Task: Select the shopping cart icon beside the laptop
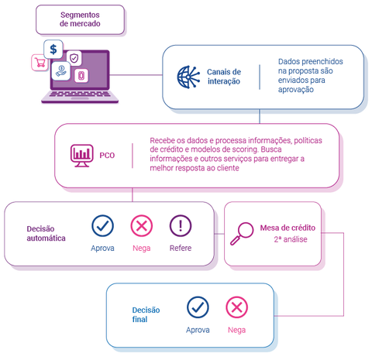pos(37,62)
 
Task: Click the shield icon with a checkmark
pos(74,57)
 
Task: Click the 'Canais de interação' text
pos(224,77)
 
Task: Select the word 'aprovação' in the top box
pos(296,90)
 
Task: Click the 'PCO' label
pos(107,156)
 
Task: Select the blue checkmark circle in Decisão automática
pos(103,226)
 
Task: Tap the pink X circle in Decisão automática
pos(142,226)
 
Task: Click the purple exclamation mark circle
pos(181,226)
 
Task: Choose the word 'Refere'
pos(181,249)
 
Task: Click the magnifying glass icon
pos(244,232)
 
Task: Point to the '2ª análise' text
pos(288,240)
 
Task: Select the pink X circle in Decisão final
pos(236,307)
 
